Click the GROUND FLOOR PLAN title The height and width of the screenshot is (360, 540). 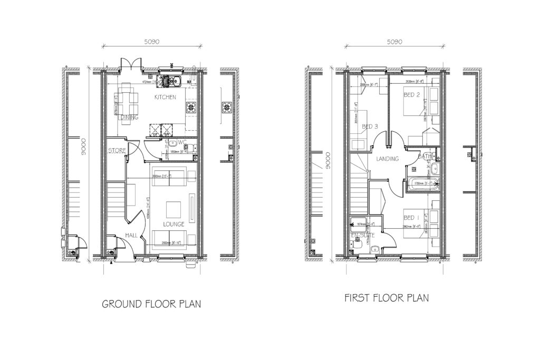click(x=151, y=304)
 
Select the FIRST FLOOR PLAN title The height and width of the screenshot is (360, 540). click(x=387, y=298)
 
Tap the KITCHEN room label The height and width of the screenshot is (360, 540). click(x=165, y=98)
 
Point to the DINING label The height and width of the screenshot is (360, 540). click(x=129, y=117)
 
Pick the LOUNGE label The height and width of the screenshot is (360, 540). click(x=173, y=224)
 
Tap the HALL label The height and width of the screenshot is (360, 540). click(x=131, y=236)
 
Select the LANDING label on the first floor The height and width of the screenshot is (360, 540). click(x=387, y=159)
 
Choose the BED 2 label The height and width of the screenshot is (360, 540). click(x=412, y=95)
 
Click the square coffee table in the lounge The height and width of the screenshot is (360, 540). click(x=174, y=210)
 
